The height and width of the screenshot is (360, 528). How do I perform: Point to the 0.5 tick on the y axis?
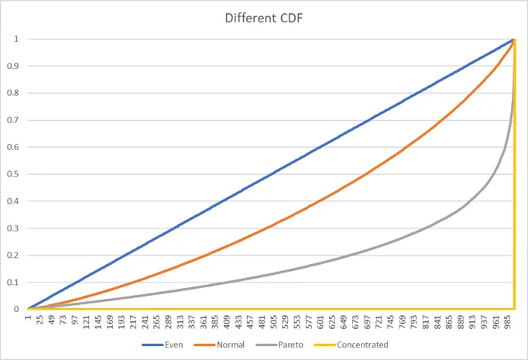(x=14, y=174)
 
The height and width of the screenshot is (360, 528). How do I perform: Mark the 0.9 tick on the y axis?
(x=14, y=66)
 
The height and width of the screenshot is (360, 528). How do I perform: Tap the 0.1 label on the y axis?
(x=14, y=283)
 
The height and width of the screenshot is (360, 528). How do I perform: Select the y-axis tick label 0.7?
(x=14, y=120)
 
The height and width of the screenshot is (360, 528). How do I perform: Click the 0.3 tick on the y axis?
(x=14, y=228)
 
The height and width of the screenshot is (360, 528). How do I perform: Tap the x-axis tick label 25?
(x=40, y=320)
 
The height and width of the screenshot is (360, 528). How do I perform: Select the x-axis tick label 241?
(x=146, y=321)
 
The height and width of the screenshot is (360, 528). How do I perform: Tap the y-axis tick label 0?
(x=17, y=310)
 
